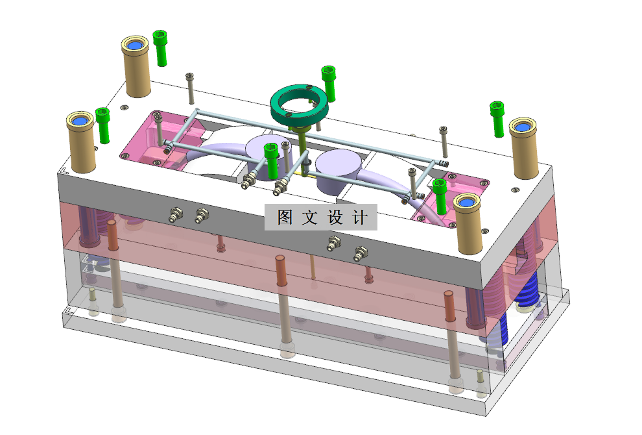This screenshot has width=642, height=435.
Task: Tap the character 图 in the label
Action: pyautogui.click(x=285, y=217)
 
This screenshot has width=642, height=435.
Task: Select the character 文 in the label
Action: pyautogui.click(x=310, y=217)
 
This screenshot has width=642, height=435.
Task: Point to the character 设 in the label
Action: pyautogui.click(x=335, y=217)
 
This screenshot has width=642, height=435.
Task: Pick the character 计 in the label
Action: pyautogui.click(x=360, y=217)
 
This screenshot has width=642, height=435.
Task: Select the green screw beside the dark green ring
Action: pyautogui.click(x=329, y=83)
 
